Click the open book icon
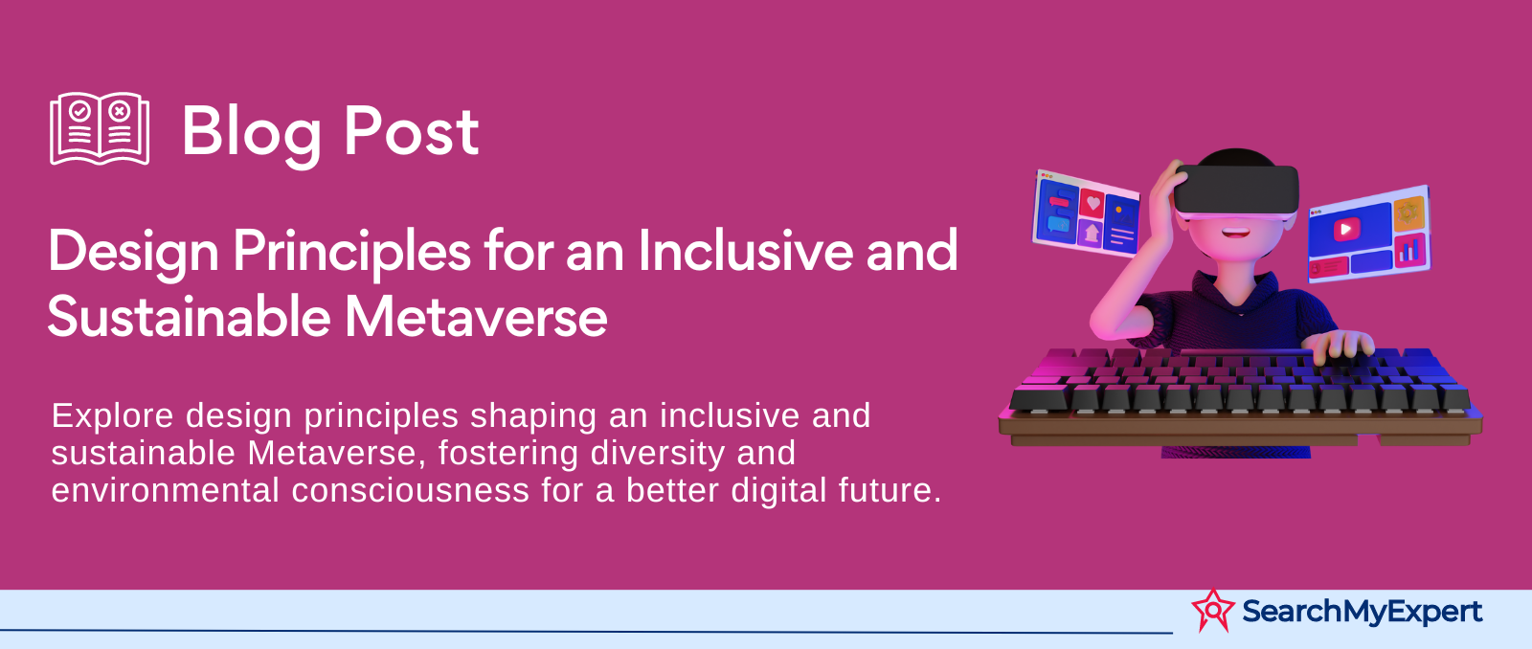(100, 128)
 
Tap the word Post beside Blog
(411, 131)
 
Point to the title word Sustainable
(189, 317)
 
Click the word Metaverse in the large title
(475, 317)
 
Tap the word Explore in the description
(113, 416)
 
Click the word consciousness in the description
(411, 491)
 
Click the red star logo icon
(1213, 611)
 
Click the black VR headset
(1236, 189)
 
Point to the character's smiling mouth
(1235, 234)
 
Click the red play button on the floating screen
(1346, 229)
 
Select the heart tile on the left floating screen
(1093, 202)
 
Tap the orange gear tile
(1408, 213)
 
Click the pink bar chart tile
(1410, 250)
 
